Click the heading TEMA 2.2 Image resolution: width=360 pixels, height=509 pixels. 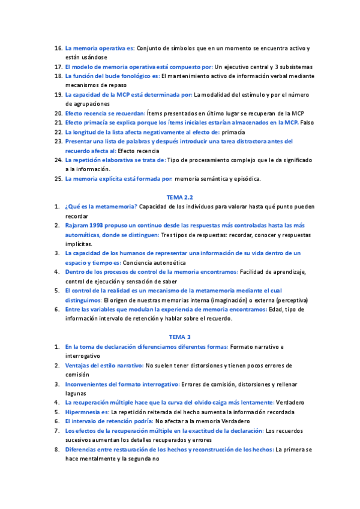[179, 197]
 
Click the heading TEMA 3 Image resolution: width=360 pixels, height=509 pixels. [179, 337]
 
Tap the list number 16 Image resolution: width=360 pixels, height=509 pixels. [58, 47]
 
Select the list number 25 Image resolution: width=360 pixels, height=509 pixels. [58, 178]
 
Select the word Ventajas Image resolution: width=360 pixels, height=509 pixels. [79, 365]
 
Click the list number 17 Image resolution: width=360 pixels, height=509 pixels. [58, 67]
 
